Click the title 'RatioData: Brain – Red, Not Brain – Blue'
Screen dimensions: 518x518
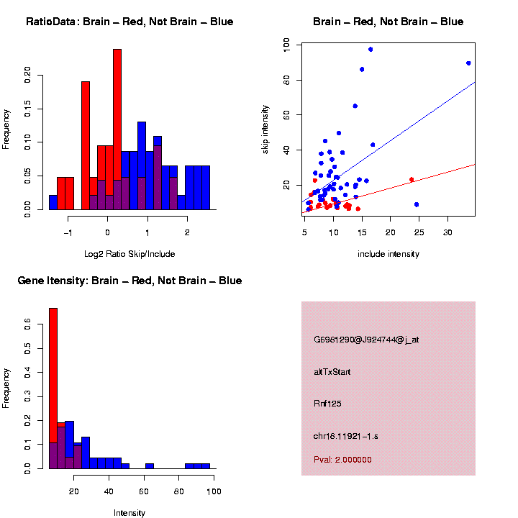pos(129,22)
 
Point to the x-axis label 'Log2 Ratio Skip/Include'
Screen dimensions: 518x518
pos(129,253)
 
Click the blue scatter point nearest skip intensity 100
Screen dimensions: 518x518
pos(371,49)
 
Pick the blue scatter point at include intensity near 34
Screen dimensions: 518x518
pos(468,63)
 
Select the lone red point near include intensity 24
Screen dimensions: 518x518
pos(412,179)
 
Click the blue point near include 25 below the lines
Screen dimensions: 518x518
pos(417,204)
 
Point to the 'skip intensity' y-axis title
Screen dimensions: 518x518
pos(265,131)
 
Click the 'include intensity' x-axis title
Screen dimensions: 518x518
pos(388,254)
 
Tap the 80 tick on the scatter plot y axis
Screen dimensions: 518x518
pos(287,79)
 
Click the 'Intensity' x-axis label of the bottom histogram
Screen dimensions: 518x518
pos(129,513)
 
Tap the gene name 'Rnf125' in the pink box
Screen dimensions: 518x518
pos(327,404)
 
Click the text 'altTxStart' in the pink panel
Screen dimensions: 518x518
pos(332,372)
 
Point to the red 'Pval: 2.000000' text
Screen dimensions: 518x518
pos(342,460)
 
